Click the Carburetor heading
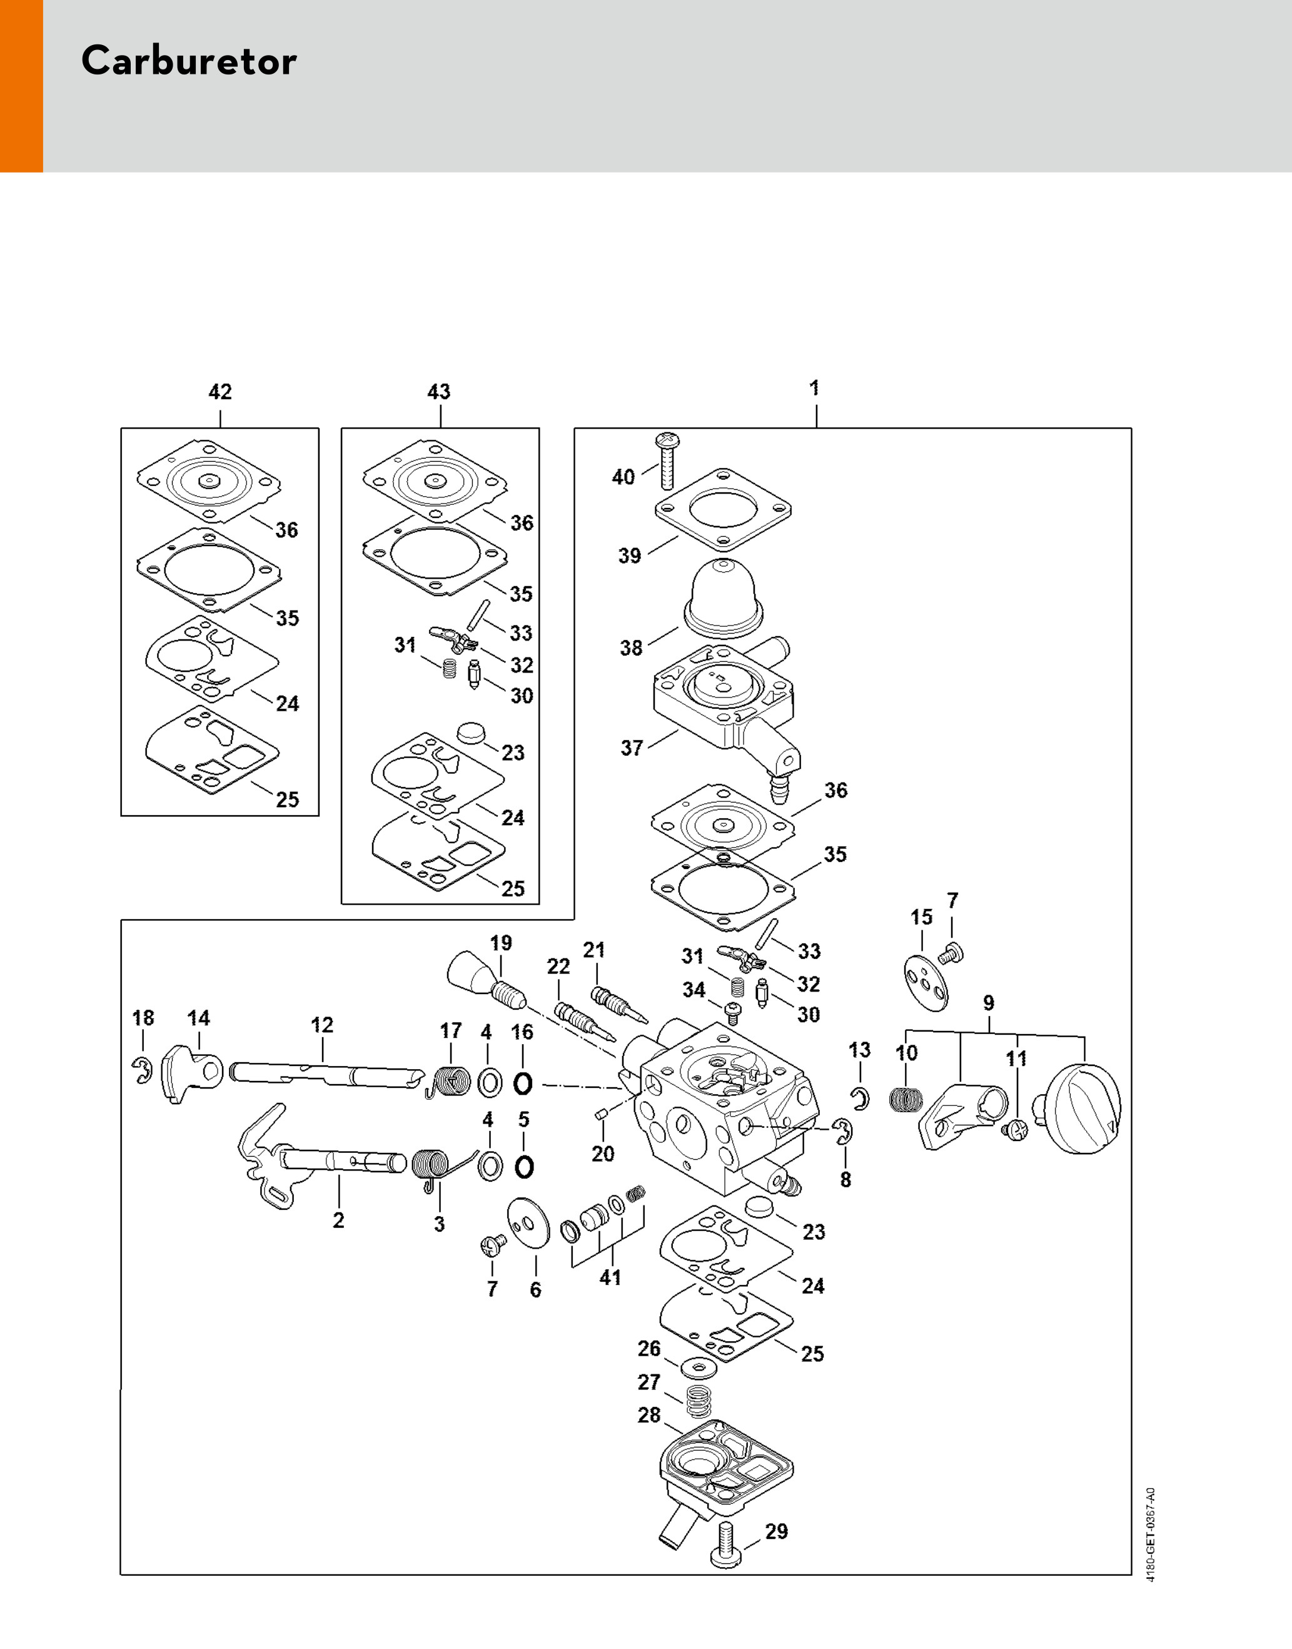tap(188, 61)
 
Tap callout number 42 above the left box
tap(220, 392)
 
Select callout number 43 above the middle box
tap(439, 392)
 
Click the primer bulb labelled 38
tap(725, 597)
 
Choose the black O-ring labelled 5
tap(523, 1166)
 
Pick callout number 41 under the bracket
tap(610, 1277)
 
